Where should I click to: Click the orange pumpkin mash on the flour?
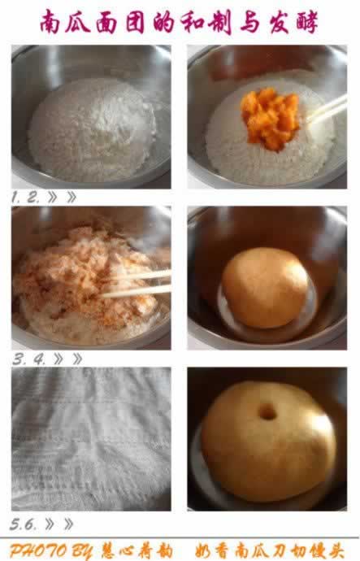click(270, 118)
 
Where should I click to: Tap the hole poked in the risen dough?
click(267, 412)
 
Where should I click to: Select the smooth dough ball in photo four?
click(265, 288)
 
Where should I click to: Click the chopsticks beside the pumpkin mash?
click(327, 110)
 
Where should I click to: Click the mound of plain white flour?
click(92, 129)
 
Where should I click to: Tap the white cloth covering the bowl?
click(91, 439)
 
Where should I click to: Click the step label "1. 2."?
click(25, 197)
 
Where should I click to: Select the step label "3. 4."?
click(28, 359)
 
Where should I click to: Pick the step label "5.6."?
click(23, 524)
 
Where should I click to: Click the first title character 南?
click(50, 22)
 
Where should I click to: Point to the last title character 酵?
click(307, 22)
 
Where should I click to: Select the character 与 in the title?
click(249, 22)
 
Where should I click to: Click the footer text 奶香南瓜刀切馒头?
click(269, 551)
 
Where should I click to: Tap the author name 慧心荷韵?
click(137, 551)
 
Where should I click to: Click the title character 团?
click(135, 22)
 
